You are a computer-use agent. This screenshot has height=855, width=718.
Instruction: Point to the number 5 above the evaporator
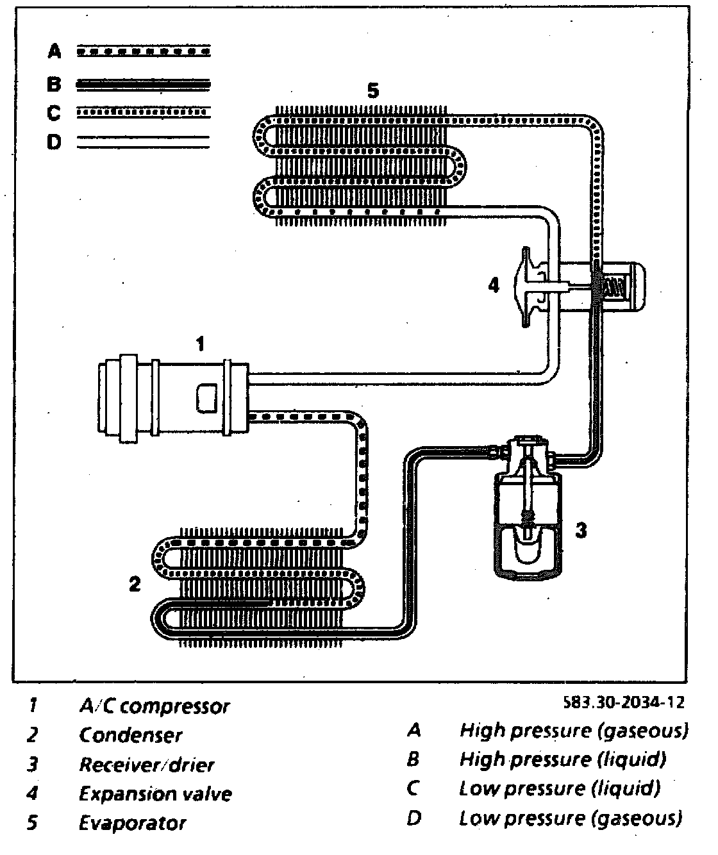click(x=373, y=91)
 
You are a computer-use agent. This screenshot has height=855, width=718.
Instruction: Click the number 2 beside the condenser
click(x=135, y=584)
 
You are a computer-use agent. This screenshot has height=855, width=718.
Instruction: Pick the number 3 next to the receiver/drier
click(x=580, y=530)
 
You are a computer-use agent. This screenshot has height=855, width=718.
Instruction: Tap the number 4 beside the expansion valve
click(x=493, y=285)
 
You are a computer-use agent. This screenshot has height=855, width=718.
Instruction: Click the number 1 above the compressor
click(x=200, y=345)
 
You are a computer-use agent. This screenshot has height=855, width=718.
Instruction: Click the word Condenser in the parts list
click(x=131, y=735)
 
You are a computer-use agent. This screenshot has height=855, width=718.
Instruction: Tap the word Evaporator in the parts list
click(x=133, y=823)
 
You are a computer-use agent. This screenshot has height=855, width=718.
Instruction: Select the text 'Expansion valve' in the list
click(x=155, y=794)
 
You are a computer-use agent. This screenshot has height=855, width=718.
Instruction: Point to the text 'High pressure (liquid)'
click(x=563, y=760)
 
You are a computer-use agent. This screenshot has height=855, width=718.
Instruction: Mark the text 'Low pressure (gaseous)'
click(x=571, y=818)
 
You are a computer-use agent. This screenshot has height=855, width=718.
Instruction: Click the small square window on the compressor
click(x=208, y=398)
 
